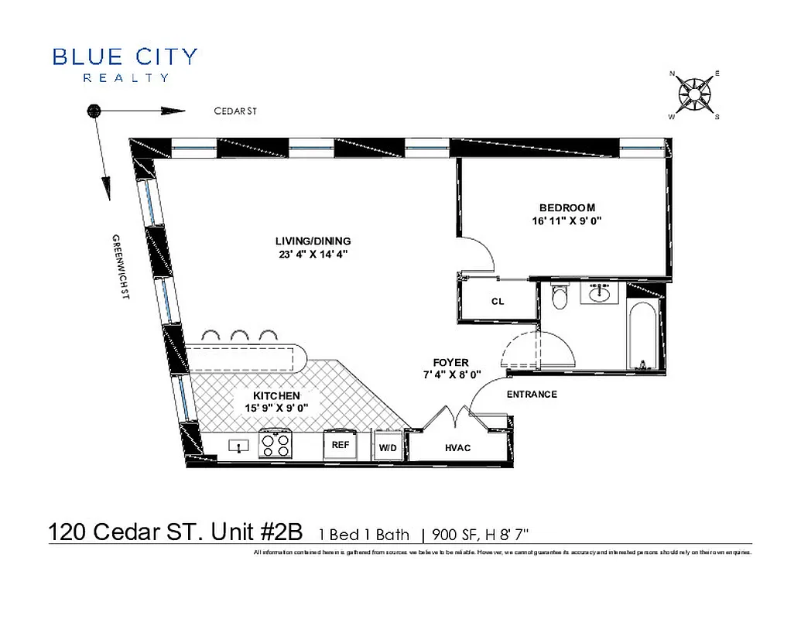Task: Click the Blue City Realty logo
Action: click(x=125, y=63)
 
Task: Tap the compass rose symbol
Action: click(x=694, y=95)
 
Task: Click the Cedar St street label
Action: click(x=235, y=111)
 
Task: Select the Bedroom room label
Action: click(x=567, y=207)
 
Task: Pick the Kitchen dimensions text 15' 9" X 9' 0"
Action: click(x=275, y=407)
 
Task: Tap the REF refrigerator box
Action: click(x=341, y=446)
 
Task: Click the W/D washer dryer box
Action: click(x=387, y=448)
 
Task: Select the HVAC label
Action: click(x=458, y=448)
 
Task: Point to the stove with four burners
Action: click(x=276, y=445)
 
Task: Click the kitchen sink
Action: click(x=238, y=445)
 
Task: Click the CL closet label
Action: click(x=498, y=302)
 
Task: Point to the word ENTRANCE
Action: click(x=532, y=395)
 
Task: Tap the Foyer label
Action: click(x=450, y=362)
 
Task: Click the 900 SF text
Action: click(x=452, y=534)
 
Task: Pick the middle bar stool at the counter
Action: click(x=238, y=335)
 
